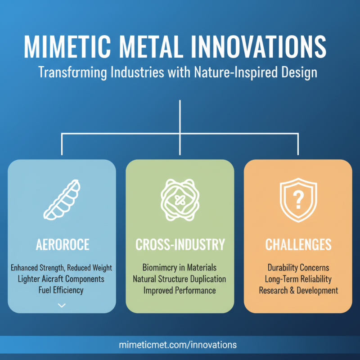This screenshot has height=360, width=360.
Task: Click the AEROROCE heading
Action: pos(62,245)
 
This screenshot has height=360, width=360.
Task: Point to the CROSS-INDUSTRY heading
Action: pos(180,245)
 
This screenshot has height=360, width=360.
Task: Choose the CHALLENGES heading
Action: pos(298,245)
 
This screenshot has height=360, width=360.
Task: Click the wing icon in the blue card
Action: pos(62,201)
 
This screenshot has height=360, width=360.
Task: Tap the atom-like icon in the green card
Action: pos(180,198)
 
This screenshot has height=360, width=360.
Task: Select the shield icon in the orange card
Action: pos(298,198)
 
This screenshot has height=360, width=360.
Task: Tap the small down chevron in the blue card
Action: pos(62,305)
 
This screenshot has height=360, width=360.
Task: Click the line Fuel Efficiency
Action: pos(62,290)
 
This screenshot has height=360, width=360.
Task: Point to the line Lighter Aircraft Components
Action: pos(62,279)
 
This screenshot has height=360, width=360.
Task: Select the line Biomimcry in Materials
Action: pos(180,268)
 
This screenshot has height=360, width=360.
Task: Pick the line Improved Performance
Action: pos(180,290)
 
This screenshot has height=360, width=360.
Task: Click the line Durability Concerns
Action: pos(298,268)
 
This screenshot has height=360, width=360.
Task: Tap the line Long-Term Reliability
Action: pos(298,279)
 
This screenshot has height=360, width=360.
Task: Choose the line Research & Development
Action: pos(298,290)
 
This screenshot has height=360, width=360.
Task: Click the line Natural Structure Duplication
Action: pos(180,279)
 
